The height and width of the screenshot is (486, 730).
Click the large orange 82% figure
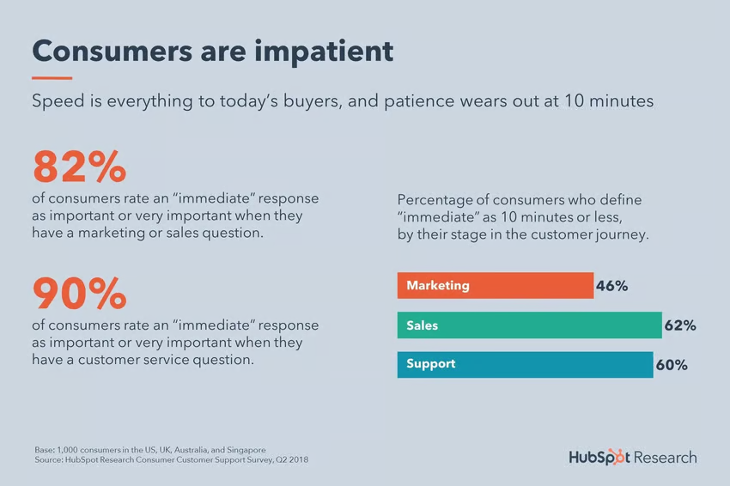tap(79, 167)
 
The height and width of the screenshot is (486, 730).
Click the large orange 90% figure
tap(79, 294)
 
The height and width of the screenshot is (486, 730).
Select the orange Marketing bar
tap(495, 286)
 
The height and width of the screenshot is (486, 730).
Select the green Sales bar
tap(529, 325)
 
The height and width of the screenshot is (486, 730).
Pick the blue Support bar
tap(525, 364)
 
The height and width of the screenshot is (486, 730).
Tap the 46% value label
tap(611, 286)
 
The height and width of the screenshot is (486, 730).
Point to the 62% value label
tap(679, 325)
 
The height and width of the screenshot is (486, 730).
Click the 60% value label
tap(671, 365)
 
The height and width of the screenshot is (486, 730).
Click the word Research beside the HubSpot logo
tap(665, 457)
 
